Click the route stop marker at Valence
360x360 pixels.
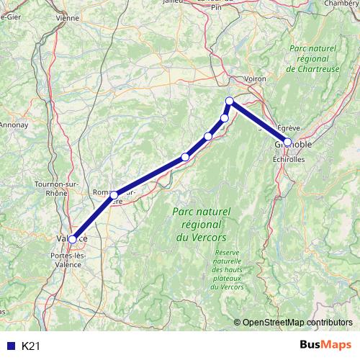[x=72, y=239]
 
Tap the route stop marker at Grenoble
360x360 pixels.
[x=287, y=143]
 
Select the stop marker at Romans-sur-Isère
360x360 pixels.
[x=114, y=195]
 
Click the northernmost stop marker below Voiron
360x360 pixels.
[x=230, y=102]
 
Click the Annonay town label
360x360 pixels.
[x=12, y=125]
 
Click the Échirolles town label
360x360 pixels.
[x=289, y=159]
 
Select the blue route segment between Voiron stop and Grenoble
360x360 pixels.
[x=258, y=122]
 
